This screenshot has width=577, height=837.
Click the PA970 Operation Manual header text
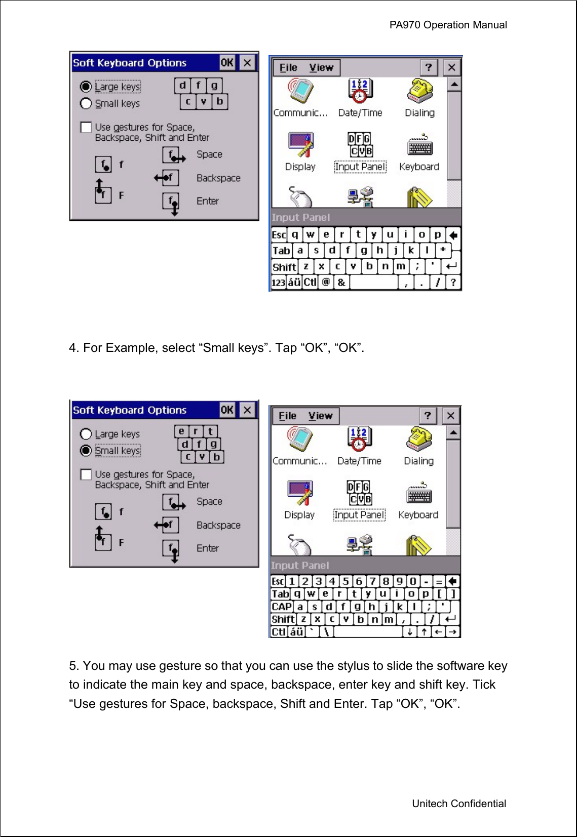pyautogui.click(x=448, y=25)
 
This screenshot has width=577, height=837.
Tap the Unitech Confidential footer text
pyautogui.click(x=458, y=803)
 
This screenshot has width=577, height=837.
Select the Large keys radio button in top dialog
pyautogui.click(x=86, y=87)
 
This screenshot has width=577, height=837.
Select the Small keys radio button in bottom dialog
pyautogui.click(x=86, y=450)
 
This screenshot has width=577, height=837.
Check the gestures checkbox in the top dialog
pyautogui.click(x=86, y=127)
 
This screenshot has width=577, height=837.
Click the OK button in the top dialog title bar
pyautogui.click(x=227, y=63)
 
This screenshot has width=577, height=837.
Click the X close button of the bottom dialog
pyautogui.click(x=247, y=410)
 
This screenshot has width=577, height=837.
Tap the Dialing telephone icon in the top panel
pyautogui.click(x=419, y=91)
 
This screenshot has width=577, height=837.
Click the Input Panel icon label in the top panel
pyautogui.click(x=360, y=167)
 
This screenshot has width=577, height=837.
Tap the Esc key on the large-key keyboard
pyautogui.click(x=279, y=235)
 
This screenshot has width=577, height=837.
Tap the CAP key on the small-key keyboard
pyautogui.click(x=282, y=607)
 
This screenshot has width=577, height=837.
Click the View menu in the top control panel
pyautogui.click(x=321, y=68)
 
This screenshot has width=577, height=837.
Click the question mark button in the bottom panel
pyautogui.click(x=428, y=416)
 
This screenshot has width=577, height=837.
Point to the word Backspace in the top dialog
pyautogui.click(x=218, y=178)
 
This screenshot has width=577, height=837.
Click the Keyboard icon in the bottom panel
pyautogui.click(x=418, y=496)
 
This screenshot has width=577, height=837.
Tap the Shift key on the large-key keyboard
pyautogui.click(x=284, y=267)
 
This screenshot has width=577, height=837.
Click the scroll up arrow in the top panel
pyautogui.click(x=454, y=84)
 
